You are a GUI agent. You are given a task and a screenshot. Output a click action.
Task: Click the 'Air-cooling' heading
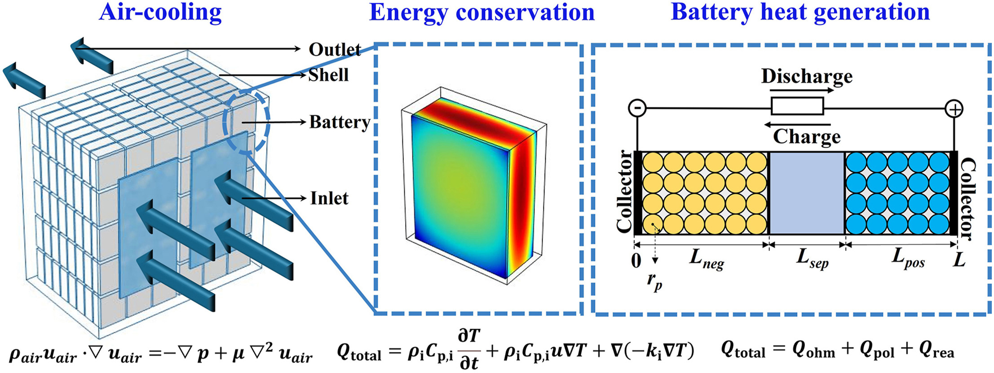160,13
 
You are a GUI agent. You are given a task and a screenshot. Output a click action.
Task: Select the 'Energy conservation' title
482,13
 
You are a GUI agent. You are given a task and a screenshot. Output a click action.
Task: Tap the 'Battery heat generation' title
800,13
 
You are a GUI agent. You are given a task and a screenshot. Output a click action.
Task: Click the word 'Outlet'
335,49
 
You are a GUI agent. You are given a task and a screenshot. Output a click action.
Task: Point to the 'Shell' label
328,75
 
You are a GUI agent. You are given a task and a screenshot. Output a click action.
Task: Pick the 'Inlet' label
329,198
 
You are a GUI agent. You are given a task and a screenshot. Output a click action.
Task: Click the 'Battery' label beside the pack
340,122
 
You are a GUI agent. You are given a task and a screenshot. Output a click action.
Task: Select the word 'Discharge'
807,76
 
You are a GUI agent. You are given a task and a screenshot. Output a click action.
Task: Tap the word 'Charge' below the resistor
807,136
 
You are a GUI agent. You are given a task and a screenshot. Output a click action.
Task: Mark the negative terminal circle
637,108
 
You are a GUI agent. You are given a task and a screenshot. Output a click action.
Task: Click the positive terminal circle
954,109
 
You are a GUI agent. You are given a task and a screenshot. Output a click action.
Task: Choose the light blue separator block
807,193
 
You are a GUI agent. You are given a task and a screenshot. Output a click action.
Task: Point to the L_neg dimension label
707,259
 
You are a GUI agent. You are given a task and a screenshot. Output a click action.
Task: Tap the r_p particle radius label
654,282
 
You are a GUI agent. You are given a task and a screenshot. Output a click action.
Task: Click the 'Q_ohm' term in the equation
813,350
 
